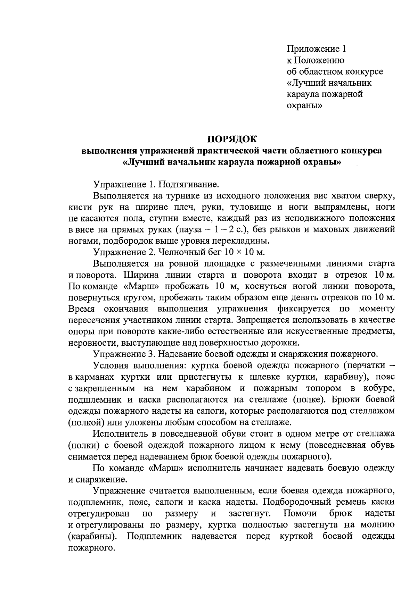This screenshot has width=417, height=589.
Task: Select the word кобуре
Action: click(x=379, y=388)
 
